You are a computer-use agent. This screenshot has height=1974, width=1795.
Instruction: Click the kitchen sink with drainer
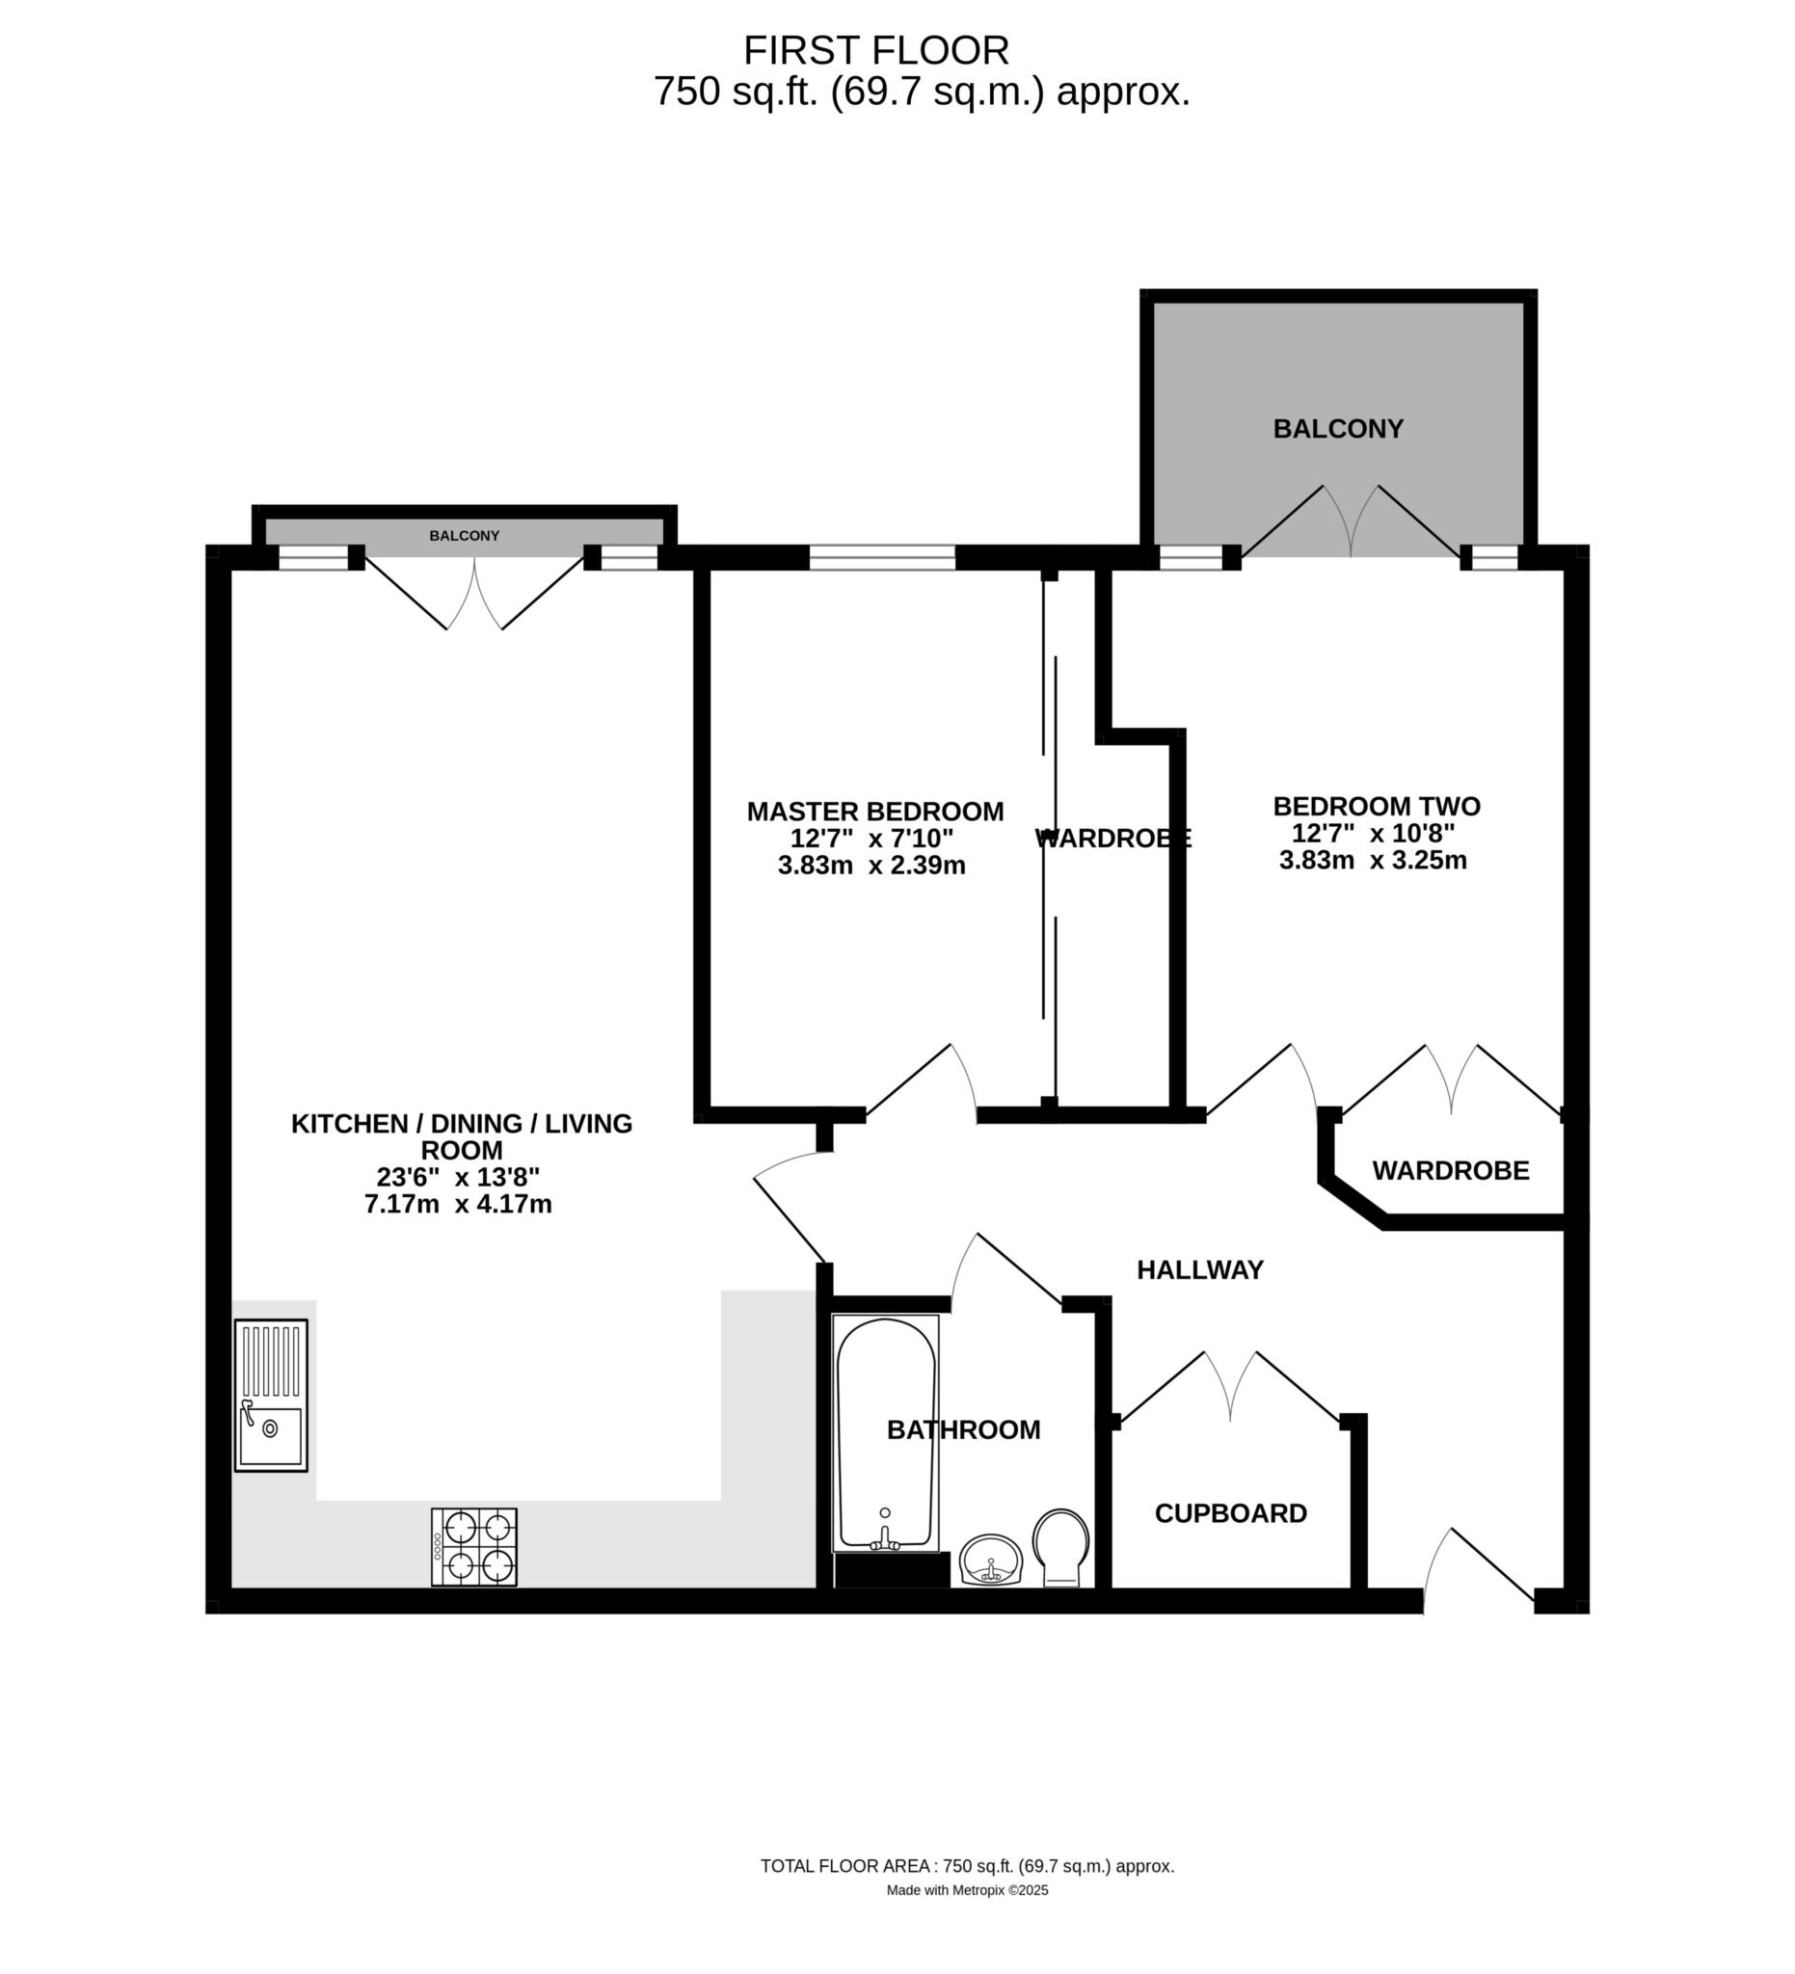(271, 1395)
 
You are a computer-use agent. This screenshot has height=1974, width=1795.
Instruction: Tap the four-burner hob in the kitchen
(474, 1547)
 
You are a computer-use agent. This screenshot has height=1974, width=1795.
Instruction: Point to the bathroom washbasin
(991, 1560)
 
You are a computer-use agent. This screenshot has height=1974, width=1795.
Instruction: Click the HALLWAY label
(1199, 1270)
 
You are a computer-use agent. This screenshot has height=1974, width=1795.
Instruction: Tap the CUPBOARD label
(1231, 1514)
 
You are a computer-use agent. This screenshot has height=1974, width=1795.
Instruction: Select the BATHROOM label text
(964, 1429)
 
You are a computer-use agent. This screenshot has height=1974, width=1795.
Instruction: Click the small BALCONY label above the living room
(464, 536)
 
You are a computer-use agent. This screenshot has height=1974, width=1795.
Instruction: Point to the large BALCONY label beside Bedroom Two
(1338, 429)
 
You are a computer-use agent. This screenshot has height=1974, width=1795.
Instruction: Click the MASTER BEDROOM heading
(875, 812)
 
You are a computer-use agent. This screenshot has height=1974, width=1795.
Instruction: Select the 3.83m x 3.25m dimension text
(1373, 861)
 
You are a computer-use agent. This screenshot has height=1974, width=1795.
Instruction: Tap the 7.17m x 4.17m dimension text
(458, 1205)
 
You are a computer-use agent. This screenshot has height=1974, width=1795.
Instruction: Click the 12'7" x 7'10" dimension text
(871, 839)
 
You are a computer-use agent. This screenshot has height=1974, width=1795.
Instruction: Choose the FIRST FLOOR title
(876, 50)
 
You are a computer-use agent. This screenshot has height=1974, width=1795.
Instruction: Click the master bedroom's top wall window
(882, 557)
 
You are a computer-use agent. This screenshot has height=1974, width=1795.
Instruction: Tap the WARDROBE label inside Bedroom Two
(1450, 1170)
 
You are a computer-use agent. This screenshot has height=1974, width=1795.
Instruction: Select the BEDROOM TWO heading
(1376, 807)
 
